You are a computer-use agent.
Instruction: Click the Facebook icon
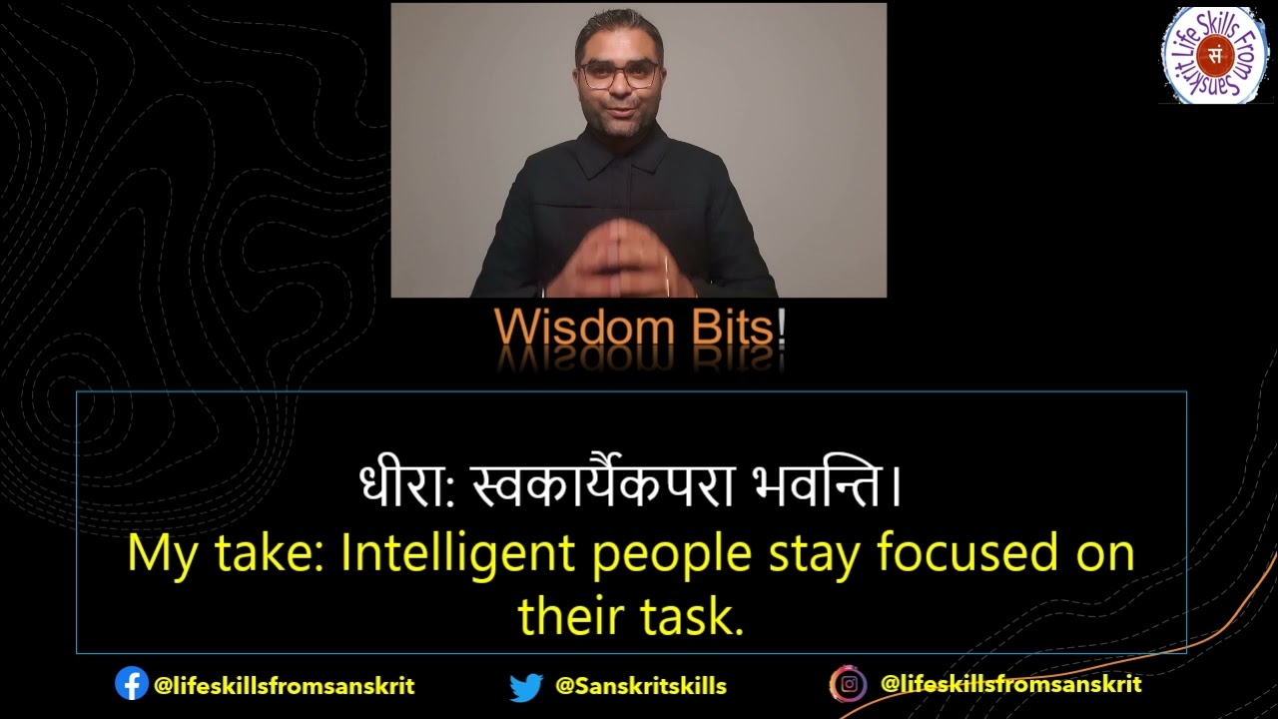(x=131, y=684)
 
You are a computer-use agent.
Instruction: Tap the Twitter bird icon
(x=525, y=687)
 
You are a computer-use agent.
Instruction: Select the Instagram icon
(x=848, y=684)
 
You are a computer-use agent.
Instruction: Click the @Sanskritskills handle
(x=640, y=687)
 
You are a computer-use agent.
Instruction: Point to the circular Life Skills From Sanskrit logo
(x=1214, y=55)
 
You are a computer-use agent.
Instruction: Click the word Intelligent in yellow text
(x=457, y=554)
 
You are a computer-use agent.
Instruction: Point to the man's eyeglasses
(x=620, y=75)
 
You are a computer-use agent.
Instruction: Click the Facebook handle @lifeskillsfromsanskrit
(x=284, y=686)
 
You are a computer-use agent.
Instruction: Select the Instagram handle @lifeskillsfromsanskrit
(x=1010, y=684)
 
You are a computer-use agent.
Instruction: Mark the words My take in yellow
(x=226, y=554)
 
